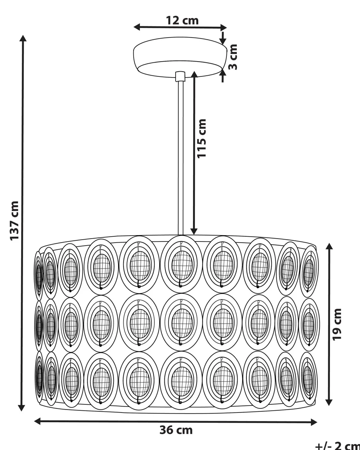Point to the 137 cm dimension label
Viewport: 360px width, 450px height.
point(15,221)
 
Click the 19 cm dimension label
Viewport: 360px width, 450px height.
point(338,323)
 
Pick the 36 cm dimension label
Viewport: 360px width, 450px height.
point(176,430)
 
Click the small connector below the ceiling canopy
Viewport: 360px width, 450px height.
point(180,76)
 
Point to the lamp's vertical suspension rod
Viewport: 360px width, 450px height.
point(180,156)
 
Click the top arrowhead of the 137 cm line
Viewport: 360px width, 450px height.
point(23,39)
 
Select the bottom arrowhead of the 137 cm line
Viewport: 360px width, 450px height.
point(22,408)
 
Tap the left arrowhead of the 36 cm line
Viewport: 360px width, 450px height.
point(37,421)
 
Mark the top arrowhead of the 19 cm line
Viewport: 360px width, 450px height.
point(329,246)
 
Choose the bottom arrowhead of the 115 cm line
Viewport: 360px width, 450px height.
point(194,231)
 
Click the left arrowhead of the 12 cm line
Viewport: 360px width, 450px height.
point(137,27)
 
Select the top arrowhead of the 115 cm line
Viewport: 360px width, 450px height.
point(194,74)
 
